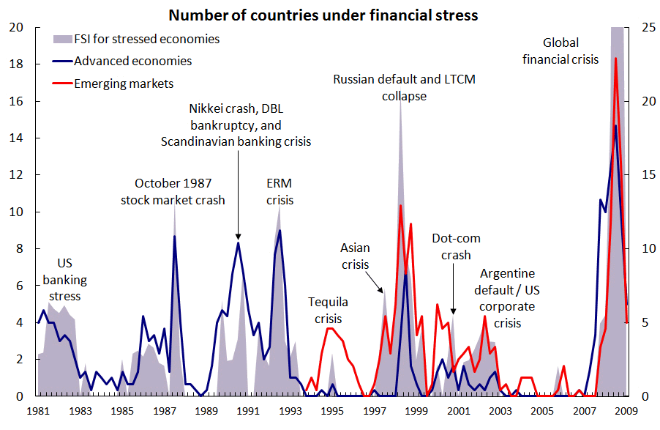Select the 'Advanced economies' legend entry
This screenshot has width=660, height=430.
point(132,62)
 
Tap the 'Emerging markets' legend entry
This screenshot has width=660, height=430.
point(124,84)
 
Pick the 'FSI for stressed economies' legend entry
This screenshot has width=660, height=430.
point(146,40)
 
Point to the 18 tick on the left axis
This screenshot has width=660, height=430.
point(20,64)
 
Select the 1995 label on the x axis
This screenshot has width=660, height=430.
point(332,410)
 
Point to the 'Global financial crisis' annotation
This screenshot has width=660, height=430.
point(560,51)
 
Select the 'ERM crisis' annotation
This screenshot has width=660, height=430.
point(280,192)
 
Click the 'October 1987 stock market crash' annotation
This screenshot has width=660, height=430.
point(173,192)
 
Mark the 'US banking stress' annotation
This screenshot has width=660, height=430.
point(64,280)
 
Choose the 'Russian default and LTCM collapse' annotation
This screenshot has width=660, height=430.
point(404,87)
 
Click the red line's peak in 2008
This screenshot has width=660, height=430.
point(616,59)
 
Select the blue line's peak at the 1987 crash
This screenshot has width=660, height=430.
point(174,236)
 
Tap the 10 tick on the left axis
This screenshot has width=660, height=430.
point(20,212)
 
